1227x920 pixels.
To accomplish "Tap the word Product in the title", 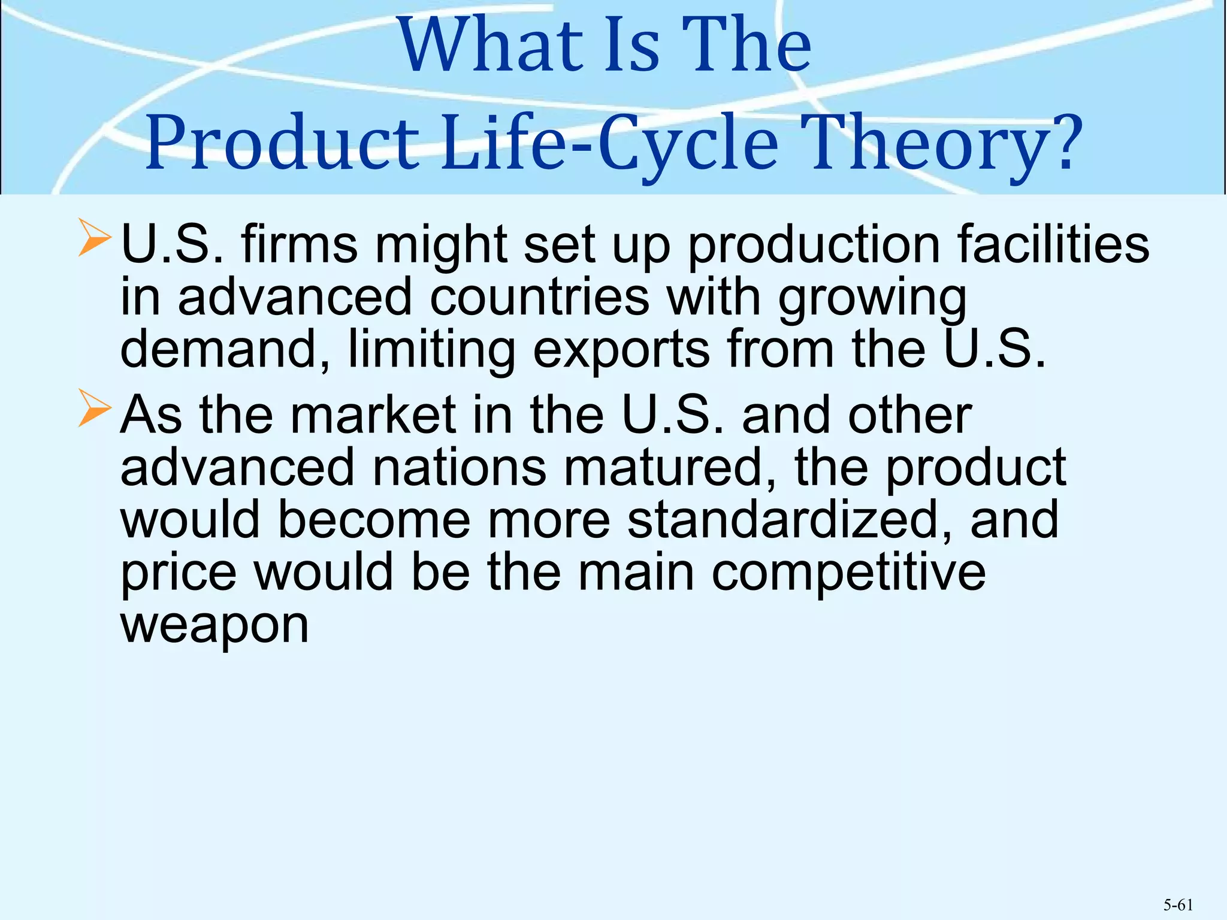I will [x=282, y=144].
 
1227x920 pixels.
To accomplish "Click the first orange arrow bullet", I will [x=95, y=238].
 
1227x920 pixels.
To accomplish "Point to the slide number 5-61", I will [x=1178, y=905].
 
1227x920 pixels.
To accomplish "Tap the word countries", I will [x=540, y=297].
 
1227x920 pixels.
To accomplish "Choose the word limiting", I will [x=431, y=350].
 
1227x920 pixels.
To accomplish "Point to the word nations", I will [x=459, y=467].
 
